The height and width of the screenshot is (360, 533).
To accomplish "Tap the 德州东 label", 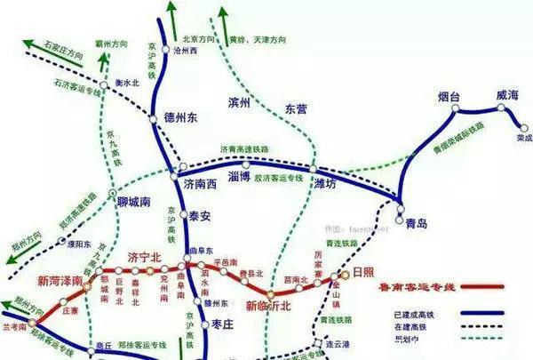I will [180, 117].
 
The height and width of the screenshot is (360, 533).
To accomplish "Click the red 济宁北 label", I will [146, 258].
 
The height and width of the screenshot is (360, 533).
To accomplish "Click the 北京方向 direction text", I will [199, 39].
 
